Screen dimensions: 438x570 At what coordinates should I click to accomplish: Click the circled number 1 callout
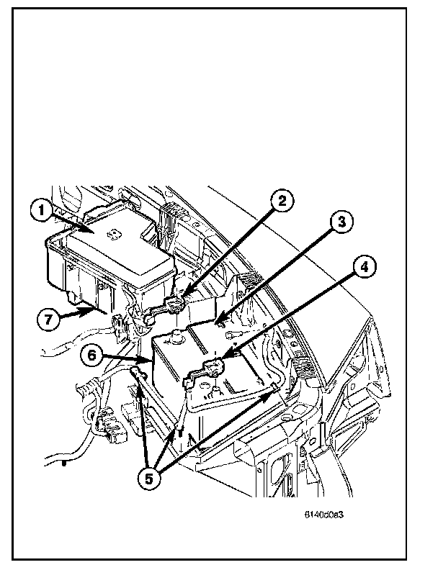[42, 210]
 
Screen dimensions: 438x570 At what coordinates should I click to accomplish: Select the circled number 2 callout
[282, 200]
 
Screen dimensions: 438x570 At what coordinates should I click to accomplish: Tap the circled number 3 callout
[341, 222]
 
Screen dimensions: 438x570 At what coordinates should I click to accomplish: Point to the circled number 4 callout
[364, 267]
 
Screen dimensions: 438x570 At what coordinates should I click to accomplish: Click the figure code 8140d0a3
[323, 515]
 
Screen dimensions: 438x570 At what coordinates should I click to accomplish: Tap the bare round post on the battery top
[176, 335]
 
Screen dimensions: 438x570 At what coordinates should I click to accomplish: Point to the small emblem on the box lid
[113, 235]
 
